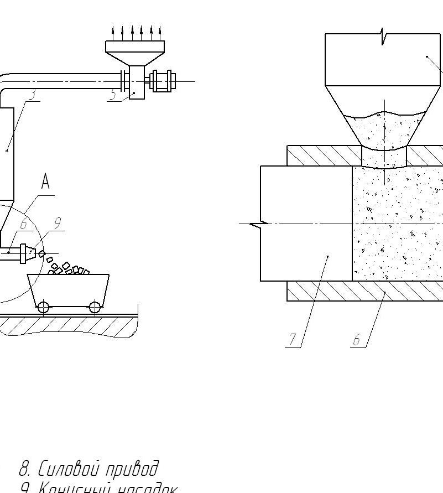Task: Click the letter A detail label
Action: click(x=46, y=181)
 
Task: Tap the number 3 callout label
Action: click(x=33, y=94)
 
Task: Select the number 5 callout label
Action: click(x=113, y=95)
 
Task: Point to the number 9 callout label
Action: click(x=57, y=223)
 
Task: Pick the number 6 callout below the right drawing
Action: click(x=357, y=340)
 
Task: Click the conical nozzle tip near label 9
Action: click(x=33, y=252)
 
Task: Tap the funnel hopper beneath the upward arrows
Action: click(x=135, y=53)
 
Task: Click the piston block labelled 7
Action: click(x=306, y=224)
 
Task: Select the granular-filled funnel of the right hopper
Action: click(x=384, y=130)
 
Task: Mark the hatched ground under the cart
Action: click(x=66, y=325)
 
